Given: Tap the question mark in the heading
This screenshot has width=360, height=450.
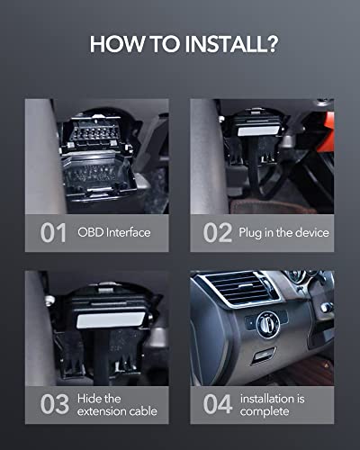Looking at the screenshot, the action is tap(272, 44).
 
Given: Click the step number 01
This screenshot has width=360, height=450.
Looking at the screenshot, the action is tap(53, 232).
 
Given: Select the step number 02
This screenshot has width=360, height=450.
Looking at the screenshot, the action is tap(218, 232).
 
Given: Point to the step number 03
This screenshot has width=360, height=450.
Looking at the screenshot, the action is tap(55, 404).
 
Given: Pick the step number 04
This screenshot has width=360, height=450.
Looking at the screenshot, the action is tap(218, 404).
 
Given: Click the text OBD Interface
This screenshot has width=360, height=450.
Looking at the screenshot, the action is tap(114, 232).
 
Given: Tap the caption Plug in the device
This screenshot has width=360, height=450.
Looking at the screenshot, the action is tap(283, 233).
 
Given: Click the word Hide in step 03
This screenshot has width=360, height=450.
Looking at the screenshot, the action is tap(89, 399).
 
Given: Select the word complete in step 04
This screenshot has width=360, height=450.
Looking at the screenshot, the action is tap(265, 411).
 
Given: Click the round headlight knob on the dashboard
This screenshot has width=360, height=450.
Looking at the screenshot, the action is tap(268, 324).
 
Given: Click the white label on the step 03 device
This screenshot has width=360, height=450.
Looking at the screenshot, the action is tap(111, 319).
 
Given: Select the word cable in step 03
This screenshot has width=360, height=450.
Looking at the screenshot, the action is tap(142, 411).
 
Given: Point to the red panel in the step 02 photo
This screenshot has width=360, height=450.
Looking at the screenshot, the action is tap(326, 132).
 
